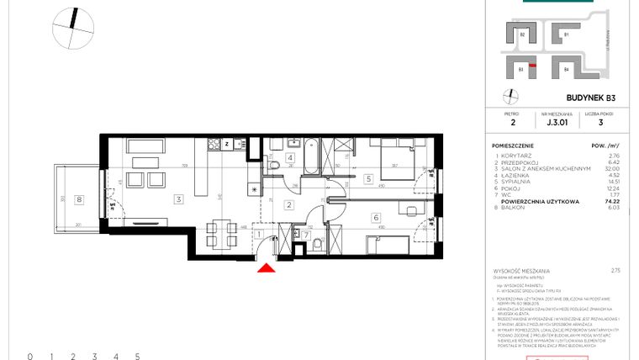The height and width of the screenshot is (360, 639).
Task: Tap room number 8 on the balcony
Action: pos(79,199)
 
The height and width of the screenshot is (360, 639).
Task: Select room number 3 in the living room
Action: pos(178,199)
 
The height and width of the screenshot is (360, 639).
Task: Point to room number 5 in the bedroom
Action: pos(368,178)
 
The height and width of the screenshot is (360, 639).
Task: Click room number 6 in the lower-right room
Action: pos(375,216)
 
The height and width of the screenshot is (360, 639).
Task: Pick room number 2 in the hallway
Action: pos(288,204)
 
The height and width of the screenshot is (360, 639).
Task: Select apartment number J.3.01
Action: pos(556,122)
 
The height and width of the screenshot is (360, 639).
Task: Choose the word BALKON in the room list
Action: pos(515,209)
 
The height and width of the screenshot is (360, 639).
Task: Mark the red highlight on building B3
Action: pos(521,71)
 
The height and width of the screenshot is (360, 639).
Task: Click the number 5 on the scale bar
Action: pos(137,357)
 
